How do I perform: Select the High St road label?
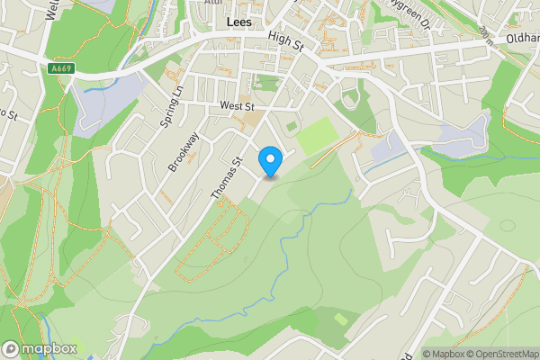tap(286, 37)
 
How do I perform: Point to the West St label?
tap(236, 107)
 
